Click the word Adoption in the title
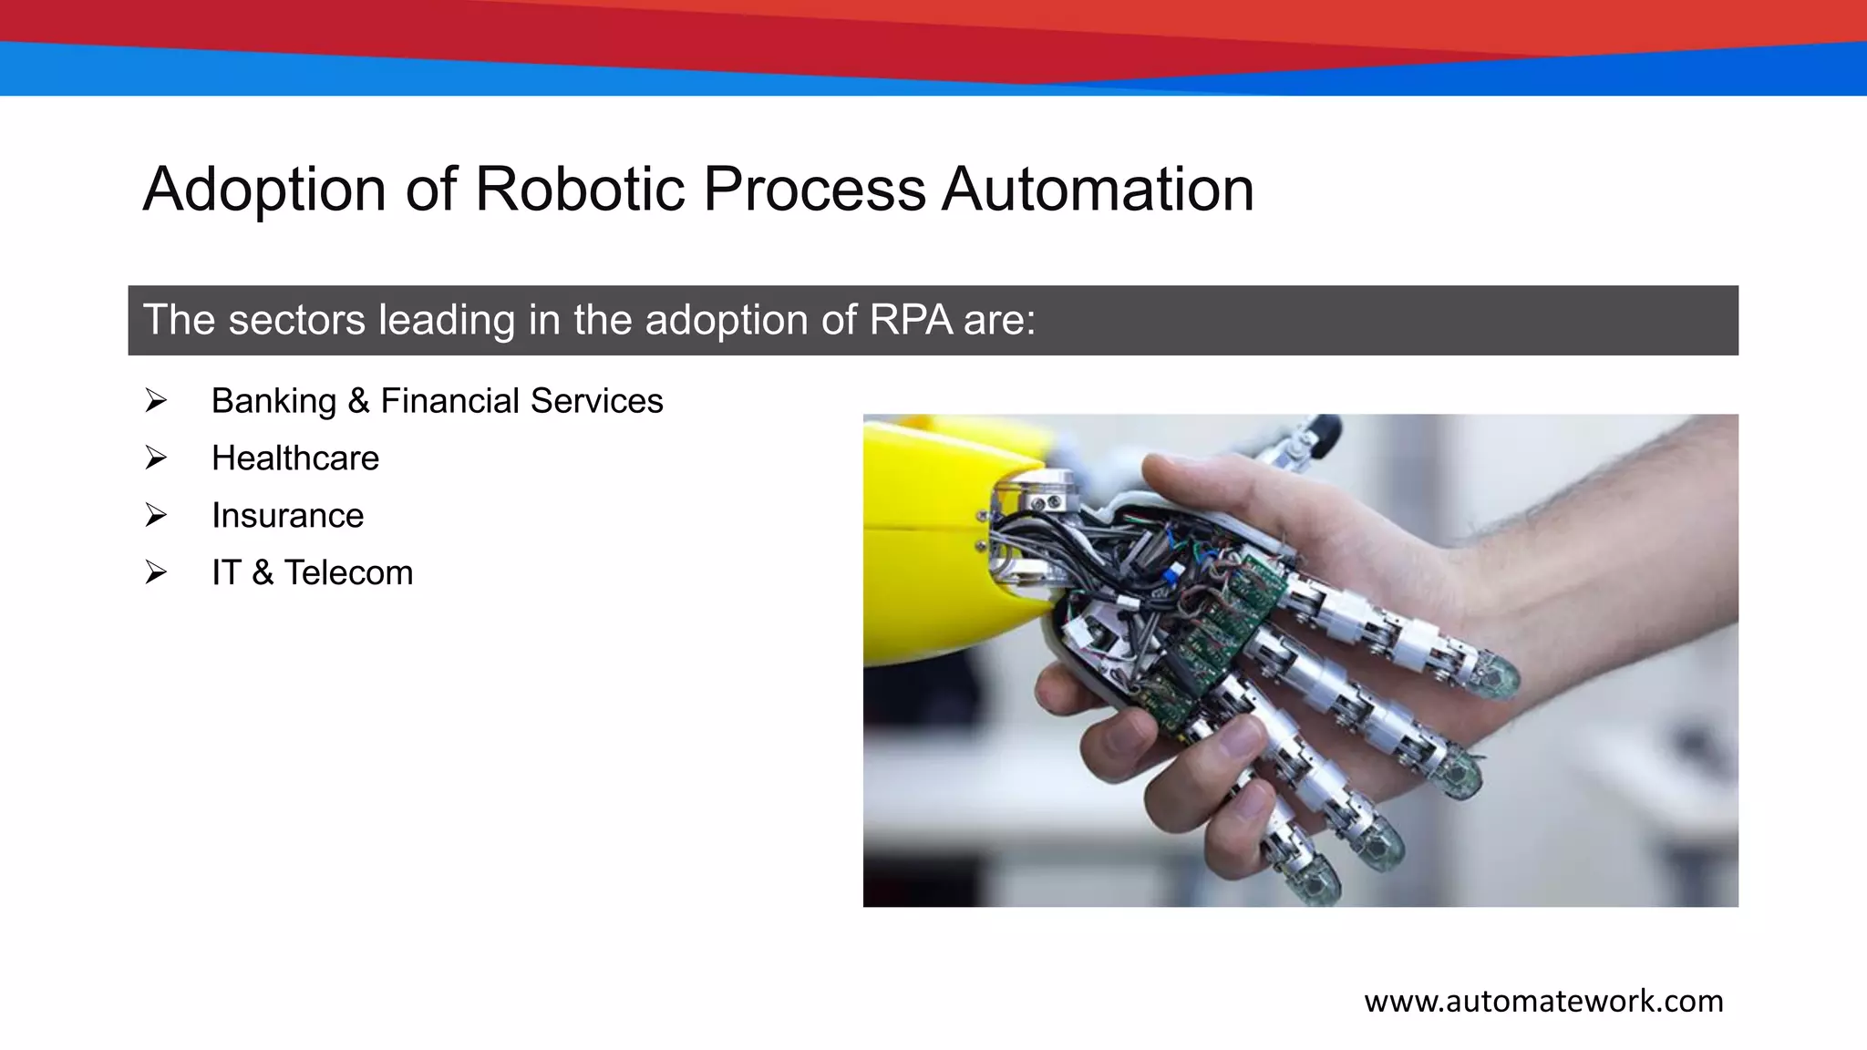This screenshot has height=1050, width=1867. (x=264, y=190)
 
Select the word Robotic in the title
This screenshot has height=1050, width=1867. (x=580, y=190)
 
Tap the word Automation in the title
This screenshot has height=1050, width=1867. (x=1098, y=190)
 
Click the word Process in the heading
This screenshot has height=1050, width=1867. (x=814, y=190)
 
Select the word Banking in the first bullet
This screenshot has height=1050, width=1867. (x=273, y=401)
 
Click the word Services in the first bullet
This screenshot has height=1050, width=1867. (x=596, y=401)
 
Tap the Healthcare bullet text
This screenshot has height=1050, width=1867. (x=294, y=458)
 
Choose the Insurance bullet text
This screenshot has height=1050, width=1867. (x=287, y=516)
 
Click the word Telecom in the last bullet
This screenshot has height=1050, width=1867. (x=348, y=572)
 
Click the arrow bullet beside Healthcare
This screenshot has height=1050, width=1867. (x=156, y=458)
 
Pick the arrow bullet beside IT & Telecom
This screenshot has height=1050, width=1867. (x=156, y=572)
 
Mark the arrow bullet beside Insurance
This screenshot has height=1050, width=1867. (x=156, y=516)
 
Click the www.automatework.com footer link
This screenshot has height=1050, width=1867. (x=1543, y=1001)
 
